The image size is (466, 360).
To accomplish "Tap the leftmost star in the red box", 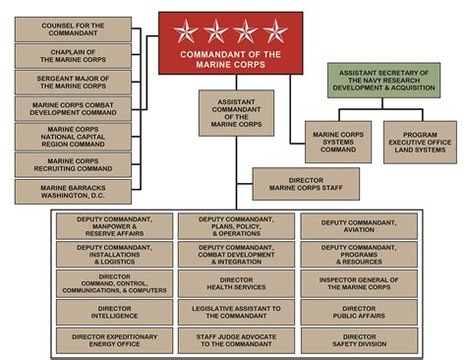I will pyautogui.click(x=185, y=31).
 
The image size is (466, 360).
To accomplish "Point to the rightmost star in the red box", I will pyautogui.click(x=274, y=31).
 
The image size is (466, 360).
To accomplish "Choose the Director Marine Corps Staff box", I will pyautogui.click(x=307, y=183).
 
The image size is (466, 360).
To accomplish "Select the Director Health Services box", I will pyautogui.click(x=235, y=284).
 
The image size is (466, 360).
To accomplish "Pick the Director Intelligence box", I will pyautogui.click(x=114, y=314).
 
